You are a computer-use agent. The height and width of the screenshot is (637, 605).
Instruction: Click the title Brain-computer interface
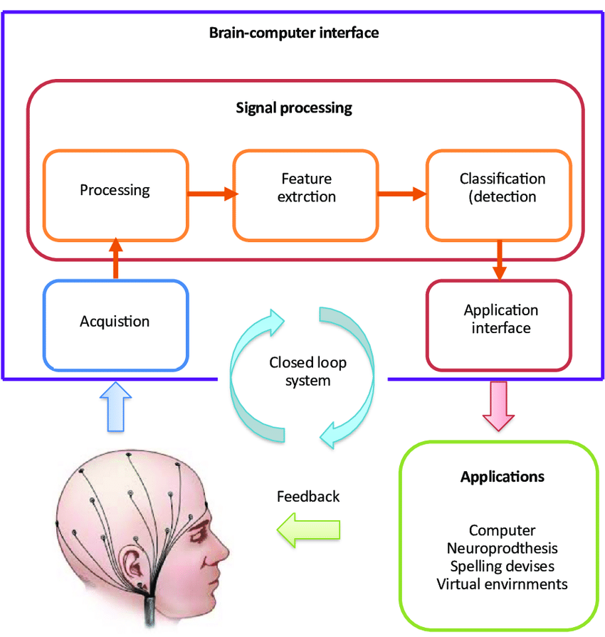(294, 33)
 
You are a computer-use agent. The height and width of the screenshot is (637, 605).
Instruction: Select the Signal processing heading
(294, 108)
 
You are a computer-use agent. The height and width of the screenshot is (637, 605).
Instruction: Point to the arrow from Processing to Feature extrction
(213, 194)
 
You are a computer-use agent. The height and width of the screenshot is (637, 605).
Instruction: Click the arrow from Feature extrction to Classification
(402, 194)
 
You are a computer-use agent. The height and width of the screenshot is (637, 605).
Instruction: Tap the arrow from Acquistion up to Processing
(116, 258)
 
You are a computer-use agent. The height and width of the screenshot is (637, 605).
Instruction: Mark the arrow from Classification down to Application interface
(500, 260)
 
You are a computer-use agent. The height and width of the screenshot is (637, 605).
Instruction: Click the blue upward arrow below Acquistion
(116, 406)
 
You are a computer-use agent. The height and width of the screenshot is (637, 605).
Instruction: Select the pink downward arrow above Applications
(498, 406)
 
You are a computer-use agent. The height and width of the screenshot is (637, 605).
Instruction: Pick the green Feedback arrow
(308, 530)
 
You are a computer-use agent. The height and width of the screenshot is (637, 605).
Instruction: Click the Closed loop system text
(307, 372)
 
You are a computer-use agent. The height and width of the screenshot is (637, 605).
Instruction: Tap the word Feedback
(308, 497)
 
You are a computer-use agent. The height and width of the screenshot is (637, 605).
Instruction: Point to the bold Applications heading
(503, 477)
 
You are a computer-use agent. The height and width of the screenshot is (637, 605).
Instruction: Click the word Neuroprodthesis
(503, 548)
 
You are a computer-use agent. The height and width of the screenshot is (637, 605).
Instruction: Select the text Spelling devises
(503, 566)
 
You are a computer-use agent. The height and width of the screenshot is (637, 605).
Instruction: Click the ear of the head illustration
(132, 563)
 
